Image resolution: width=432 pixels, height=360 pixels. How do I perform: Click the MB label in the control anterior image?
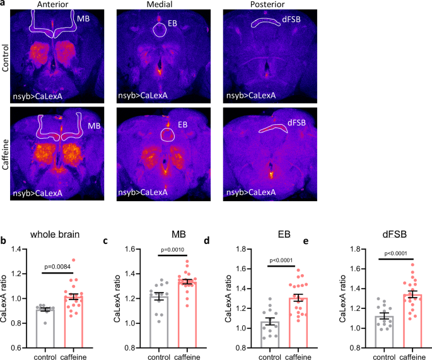click(x=83, y=19)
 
